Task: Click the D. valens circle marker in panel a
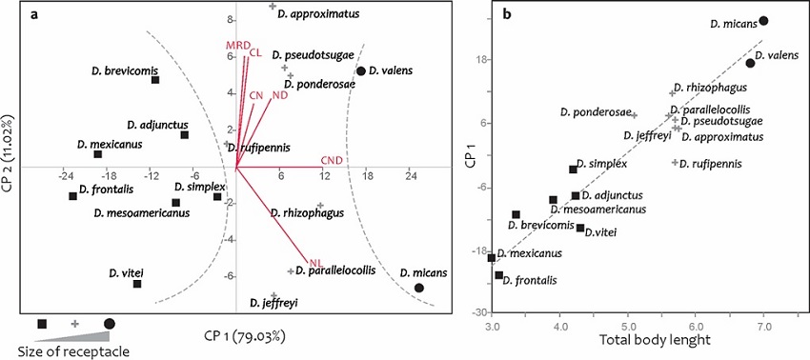click(360, 71)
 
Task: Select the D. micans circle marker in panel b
click(763, 21)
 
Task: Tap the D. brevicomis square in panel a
click(155, 80)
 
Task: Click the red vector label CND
click(333, 160)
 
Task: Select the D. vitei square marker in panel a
click(137, 284)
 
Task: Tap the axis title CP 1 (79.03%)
click(244, 335)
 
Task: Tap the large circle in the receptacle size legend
click(110, 325)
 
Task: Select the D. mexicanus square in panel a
click(97, 154)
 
